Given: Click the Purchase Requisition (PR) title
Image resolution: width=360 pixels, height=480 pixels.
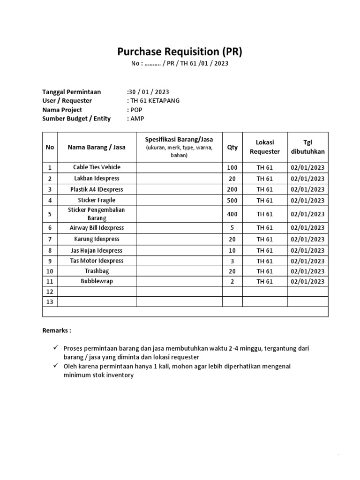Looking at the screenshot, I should (180, 51).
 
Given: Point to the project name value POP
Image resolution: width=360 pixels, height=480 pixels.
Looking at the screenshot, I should (136, 110).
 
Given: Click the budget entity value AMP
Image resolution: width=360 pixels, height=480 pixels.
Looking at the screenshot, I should (137, 119).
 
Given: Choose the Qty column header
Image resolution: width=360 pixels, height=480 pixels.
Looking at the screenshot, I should (232, 147).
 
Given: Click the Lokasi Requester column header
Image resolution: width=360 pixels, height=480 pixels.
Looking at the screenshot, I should (265, 147).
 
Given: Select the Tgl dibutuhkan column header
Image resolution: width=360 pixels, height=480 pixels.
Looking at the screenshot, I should (307, 147).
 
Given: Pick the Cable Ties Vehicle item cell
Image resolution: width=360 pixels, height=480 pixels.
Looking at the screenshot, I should (97, 167).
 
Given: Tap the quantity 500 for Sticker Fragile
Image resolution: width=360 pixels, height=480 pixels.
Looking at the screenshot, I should (232, 201).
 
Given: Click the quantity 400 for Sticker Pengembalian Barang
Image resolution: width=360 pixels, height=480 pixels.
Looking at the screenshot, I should (232, 214).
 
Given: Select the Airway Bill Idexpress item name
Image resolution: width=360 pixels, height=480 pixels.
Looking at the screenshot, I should (97, 228).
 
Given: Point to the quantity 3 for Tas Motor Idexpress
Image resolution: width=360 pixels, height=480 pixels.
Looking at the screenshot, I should (232, 261).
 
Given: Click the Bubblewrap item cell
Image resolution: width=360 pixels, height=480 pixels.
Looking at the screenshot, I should (97, 281).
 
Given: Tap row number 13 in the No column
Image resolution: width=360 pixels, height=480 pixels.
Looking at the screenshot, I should (50, 302).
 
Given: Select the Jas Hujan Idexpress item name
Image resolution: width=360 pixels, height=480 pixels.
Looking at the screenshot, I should (97, 251).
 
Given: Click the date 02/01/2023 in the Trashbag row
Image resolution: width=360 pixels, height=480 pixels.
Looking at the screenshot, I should (307, 271).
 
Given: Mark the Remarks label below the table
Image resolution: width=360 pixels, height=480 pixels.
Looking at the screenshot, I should (57, 330).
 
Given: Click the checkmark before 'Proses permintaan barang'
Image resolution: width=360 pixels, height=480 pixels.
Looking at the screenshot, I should (55, 348).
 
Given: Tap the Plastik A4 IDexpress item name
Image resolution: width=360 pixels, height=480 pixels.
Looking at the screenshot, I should (97, 189).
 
